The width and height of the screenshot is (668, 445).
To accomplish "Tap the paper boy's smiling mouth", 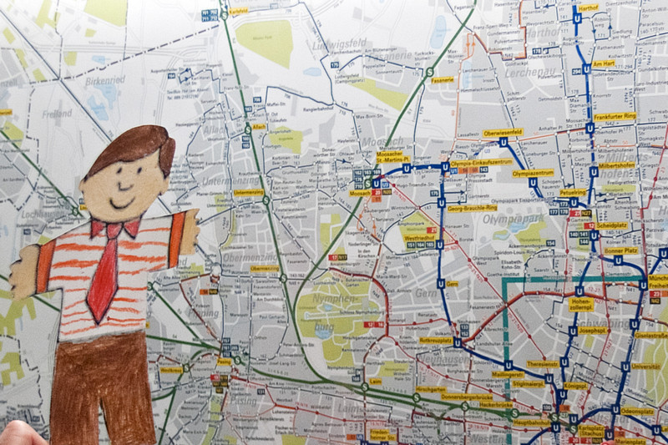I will click(x=123, y=203).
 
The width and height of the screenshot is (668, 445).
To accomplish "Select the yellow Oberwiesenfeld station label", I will click(x=503, y=132).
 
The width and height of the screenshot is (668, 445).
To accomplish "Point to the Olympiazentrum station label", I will click(x=533, y=173).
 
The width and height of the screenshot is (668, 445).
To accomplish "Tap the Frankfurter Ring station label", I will click(x=615, y=116).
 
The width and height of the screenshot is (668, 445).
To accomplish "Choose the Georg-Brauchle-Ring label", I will click(x=472, y=208).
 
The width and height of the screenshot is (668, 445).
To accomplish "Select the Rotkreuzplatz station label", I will click(x=436, y=341).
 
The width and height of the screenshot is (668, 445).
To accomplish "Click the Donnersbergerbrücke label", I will click(x=470, y=397).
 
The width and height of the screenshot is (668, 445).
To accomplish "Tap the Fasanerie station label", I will click(x=443, y=80).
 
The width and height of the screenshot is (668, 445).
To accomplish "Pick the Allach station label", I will click(x=260, y=126).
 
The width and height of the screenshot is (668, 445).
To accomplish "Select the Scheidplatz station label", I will click(x=612, y=225).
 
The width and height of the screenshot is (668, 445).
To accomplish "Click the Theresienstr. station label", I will click(x=542, y=364).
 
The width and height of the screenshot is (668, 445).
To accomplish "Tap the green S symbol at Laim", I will click(x=365, y=387).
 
